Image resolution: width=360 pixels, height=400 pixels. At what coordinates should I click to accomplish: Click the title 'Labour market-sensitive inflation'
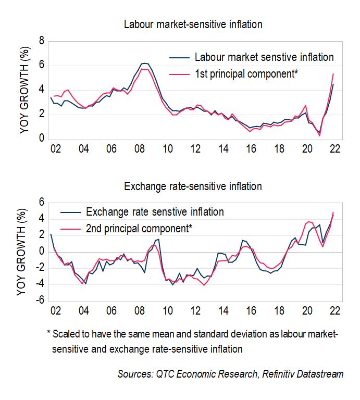tap(193, 24)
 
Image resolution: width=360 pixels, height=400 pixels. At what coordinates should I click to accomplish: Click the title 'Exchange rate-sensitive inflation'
tap(193, 186)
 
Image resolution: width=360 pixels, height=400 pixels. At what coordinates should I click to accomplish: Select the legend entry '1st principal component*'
tap(246, 74)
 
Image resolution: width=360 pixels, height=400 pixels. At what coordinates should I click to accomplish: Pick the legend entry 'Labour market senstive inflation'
tap(264, 57)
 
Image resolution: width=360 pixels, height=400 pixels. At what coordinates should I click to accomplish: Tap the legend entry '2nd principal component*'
tap(139, 228)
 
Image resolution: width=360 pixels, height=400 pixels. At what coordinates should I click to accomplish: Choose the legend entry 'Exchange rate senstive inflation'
tap(155, 211)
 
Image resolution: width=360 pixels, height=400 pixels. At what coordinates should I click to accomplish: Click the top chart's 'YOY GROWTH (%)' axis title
tap(24, 90)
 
